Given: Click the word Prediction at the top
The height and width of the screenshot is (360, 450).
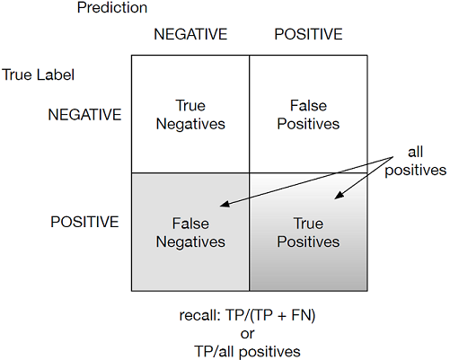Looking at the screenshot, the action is click(112, 8).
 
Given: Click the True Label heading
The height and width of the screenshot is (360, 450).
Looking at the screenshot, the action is click(39, 75).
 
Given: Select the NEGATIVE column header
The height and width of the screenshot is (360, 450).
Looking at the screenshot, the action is click(190, 34).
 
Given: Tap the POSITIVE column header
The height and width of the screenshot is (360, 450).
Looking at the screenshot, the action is click(308, 34).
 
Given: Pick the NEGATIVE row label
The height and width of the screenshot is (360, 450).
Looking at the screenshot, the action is click(84, 115).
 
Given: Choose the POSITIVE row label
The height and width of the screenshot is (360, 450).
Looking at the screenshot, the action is click(84, 222).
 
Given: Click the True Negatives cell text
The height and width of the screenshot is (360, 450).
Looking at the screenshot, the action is click(190, 115).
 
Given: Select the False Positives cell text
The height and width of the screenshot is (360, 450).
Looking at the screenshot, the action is click(308, 115).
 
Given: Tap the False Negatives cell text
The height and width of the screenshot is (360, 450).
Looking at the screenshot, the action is click(190, 233).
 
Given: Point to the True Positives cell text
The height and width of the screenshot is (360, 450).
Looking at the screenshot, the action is click(308, 233).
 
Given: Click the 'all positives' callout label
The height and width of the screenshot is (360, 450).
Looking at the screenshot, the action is click(416, 162).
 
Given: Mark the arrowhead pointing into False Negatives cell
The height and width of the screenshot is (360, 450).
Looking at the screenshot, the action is click(225, 204).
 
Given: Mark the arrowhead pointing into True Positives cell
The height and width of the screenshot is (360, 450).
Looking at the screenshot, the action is click(339, 196).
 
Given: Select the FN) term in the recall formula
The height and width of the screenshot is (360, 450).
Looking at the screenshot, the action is click(304, 315).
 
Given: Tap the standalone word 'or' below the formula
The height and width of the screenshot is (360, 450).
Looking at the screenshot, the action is click(247, 334).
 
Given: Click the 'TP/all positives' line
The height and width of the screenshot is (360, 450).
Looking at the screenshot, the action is click(247, 352).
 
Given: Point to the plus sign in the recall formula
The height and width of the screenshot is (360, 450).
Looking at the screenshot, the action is click(281, 316).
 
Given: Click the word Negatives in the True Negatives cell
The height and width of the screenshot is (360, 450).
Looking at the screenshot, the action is click(190, 124).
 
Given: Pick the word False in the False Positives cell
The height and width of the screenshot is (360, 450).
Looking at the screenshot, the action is click(308, 106).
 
